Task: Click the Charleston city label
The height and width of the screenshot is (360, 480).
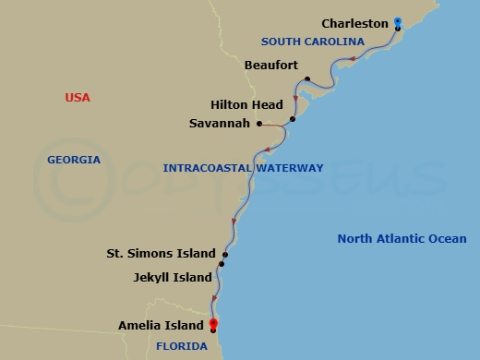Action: point(354,23)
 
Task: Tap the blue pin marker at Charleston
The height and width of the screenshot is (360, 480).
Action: point(397,21)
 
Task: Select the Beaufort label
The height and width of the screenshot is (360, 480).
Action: point(270,66)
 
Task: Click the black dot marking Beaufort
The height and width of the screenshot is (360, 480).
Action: point(306,79)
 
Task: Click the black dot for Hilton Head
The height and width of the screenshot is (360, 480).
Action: point(292,119)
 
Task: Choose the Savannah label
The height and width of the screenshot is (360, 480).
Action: point(219,123)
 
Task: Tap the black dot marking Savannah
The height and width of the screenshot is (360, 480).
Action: point(259,124)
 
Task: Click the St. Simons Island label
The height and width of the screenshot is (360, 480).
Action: point(161,253)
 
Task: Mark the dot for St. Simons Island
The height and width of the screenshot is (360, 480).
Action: point(225,254)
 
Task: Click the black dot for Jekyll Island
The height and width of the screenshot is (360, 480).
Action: point(222,265)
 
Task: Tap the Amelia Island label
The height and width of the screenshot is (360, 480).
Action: point(161,325)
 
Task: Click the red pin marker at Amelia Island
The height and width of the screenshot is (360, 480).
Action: point(213,323)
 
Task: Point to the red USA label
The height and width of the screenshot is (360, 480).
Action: point(78,98)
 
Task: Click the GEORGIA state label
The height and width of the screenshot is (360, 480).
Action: point(74,160)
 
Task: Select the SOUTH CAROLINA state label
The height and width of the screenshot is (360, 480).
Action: point(306,42)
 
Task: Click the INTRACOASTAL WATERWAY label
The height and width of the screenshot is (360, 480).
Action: point(243,168)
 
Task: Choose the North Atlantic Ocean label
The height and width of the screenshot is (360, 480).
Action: point(402,238)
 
